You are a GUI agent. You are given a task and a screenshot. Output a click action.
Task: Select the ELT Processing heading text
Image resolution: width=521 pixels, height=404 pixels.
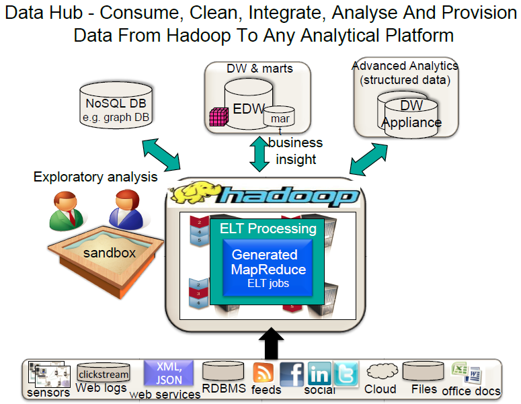pyautogui.click(x=268, y=229)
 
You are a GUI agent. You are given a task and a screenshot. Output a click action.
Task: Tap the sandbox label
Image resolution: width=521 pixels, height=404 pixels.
pyautogui.click(x=110, y=253)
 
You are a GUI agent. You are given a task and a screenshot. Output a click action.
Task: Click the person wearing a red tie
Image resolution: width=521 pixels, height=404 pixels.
pyautogui.click(x=67, y=210)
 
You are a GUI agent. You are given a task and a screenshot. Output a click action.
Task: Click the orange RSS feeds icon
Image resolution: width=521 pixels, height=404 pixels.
pyautogui.click(x=263, y=372)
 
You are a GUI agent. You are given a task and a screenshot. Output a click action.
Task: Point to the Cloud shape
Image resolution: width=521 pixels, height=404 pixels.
pyautogui.click(x=380, y=372)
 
